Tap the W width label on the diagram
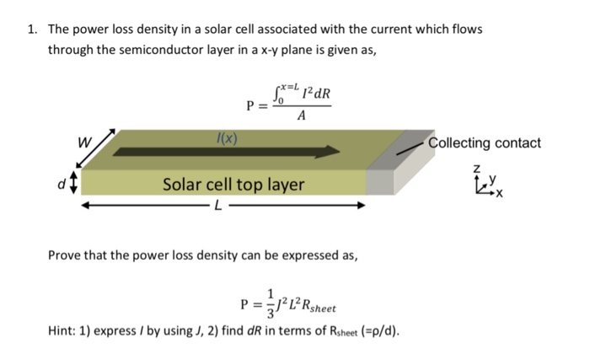[x=85, y=142]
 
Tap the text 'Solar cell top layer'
[x=233, y=183]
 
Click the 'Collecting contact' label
[x=485, y=142]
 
